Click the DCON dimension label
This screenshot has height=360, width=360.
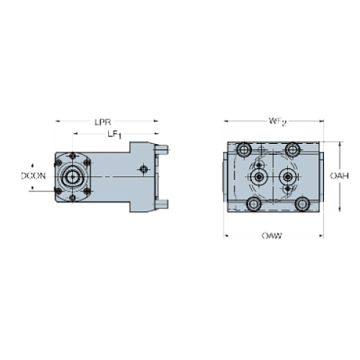33,176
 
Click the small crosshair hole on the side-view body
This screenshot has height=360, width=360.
144,170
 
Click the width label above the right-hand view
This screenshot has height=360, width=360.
277,120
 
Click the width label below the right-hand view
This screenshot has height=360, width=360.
273,237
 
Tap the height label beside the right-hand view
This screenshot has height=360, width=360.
338,176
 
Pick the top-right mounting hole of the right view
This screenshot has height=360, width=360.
292,151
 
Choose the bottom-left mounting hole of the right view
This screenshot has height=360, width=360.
254,204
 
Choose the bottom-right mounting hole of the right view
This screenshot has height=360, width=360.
302,204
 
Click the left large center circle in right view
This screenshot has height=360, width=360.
259,177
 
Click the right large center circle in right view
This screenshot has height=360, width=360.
287,177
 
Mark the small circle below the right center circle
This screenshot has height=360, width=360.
287,190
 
